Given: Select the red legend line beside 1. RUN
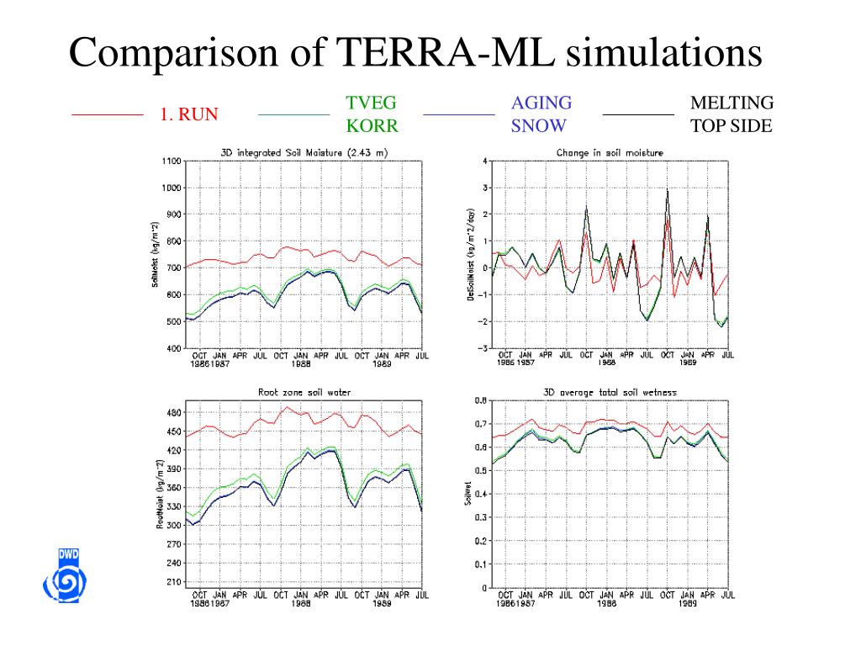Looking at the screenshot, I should (107, 114).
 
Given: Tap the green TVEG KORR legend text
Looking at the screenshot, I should (371, 114).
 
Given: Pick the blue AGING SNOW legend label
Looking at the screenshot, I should (541, 114).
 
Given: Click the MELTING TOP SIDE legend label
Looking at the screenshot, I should (731, 114).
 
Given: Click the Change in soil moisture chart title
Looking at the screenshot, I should (610, 153).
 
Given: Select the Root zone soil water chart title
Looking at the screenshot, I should (304, 392).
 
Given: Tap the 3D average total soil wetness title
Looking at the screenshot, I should (610, 392).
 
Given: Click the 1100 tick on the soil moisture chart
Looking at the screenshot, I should (172, 161).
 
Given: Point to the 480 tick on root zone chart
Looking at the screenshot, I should (174, 412).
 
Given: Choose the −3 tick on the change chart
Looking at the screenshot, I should (483, 347).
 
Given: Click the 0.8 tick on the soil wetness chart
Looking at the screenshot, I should (479, 400).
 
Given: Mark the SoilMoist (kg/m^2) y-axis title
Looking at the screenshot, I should (156, 254).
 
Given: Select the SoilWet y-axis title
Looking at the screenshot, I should (467, 494).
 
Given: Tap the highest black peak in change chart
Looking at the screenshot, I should (668, 190).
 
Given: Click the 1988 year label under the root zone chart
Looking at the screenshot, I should (301, 603).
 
